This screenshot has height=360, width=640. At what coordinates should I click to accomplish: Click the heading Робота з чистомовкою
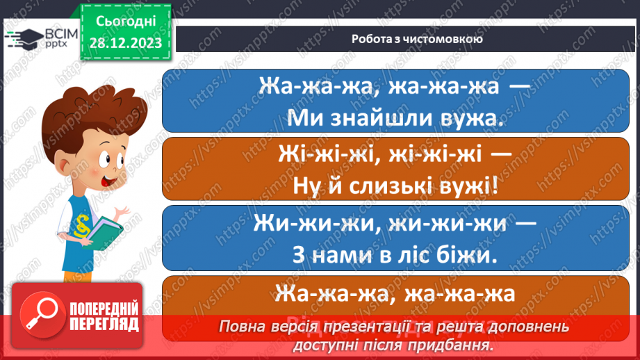coord(407,39)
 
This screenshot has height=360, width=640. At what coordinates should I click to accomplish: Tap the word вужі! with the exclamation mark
coord(472,187)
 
